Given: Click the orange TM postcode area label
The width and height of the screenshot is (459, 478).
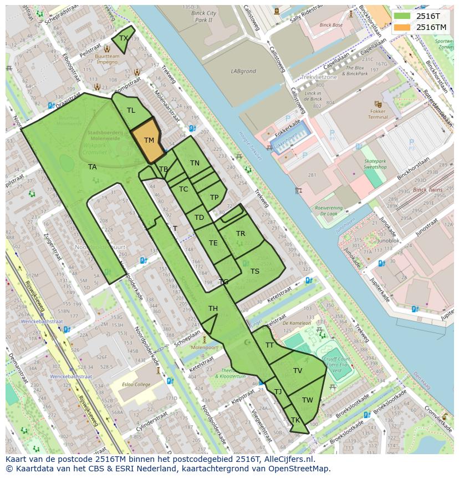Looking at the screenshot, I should (x=149, y=140).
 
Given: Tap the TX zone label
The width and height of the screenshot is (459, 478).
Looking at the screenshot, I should (x=123, y=38).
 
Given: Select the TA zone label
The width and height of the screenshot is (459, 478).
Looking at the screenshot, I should (x=92, y=167).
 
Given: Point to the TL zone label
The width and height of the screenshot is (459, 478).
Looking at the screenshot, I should (x=131, y=110).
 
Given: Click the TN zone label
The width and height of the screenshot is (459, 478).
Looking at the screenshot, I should (x=195, y=163).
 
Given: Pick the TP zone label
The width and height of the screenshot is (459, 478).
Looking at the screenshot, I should (x=214, y=198).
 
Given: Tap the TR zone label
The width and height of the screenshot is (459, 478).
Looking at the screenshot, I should (x=241, y=234).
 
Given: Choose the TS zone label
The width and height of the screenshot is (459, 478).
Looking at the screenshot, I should (x=254, y=271).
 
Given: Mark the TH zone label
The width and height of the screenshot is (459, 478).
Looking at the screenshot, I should (x=213, y=309).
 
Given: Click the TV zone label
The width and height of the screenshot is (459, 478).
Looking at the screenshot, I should (x=298, y=371).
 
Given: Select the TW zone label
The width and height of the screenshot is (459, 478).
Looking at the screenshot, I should (x=308, y=400).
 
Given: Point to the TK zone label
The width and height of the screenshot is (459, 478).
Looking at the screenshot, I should (x=295, y=420).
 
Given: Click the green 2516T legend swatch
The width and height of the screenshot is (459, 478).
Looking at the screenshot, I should (x=402, y=16).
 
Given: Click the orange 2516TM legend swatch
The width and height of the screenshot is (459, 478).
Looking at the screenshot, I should (x=402, y=27).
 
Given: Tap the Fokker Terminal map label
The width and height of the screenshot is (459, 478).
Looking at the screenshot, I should (x=378, y=113).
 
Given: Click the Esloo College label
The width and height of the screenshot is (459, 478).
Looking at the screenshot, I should (x=137, y=384).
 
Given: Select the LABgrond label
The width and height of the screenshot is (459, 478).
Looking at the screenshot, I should (x=243, y=71).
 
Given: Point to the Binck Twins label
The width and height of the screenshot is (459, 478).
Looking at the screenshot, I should (x=428, y=190).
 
